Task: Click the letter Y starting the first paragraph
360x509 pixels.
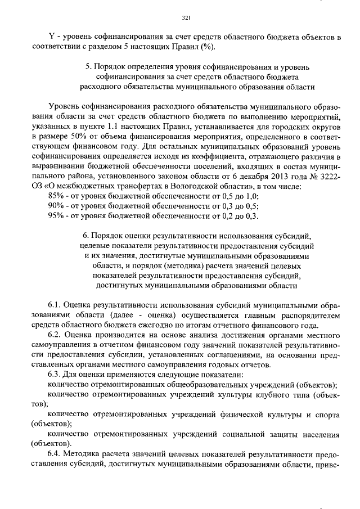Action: pyautogui.click(x=52, y=37)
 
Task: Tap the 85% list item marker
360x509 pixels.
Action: pyautogui.click(x=57, y=195)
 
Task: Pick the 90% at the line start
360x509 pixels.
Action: pyautogui.click(x=57, y=205)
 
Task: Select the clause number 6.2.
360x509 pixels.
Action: pyautogui.click(x=56, y=335)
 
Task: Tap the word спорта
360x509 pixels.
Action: pyautogui.click(x=326, y=414)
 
